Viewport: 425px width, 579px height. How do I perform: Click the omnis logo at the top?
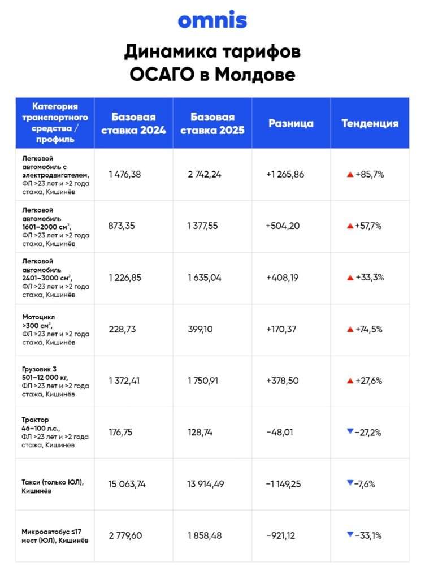[x=212, y=20]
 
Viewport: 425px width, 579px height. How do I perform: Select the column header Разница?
[x=290, y=123]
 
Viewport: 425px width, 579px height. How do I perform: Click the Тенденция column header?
[x=370, y=123]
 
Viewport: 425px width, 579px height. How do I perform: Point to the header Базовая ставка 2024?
[x=133, y=123]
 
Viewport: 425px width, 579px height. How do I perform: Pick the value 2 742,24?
[x=205, y=174]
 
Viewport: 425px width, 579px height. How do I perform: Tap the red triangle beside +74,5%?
[x=350, y=329]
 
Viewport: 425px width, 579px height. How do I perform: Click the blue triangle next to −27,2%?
[x=350, y=431]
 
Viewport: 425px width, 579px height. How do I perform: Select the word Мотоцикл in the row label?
[x=38, y=317]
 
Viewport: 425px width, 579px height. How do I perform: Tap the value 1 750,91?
[x=207, y=381]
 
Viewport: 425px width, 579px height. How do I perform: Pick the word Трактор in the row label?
[x=36, y=420]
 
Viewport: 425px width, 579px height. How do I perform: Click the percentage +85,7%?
[x=370, y=174]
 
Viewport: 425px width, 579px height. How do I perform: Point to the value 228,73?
[x=122, y=329]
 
